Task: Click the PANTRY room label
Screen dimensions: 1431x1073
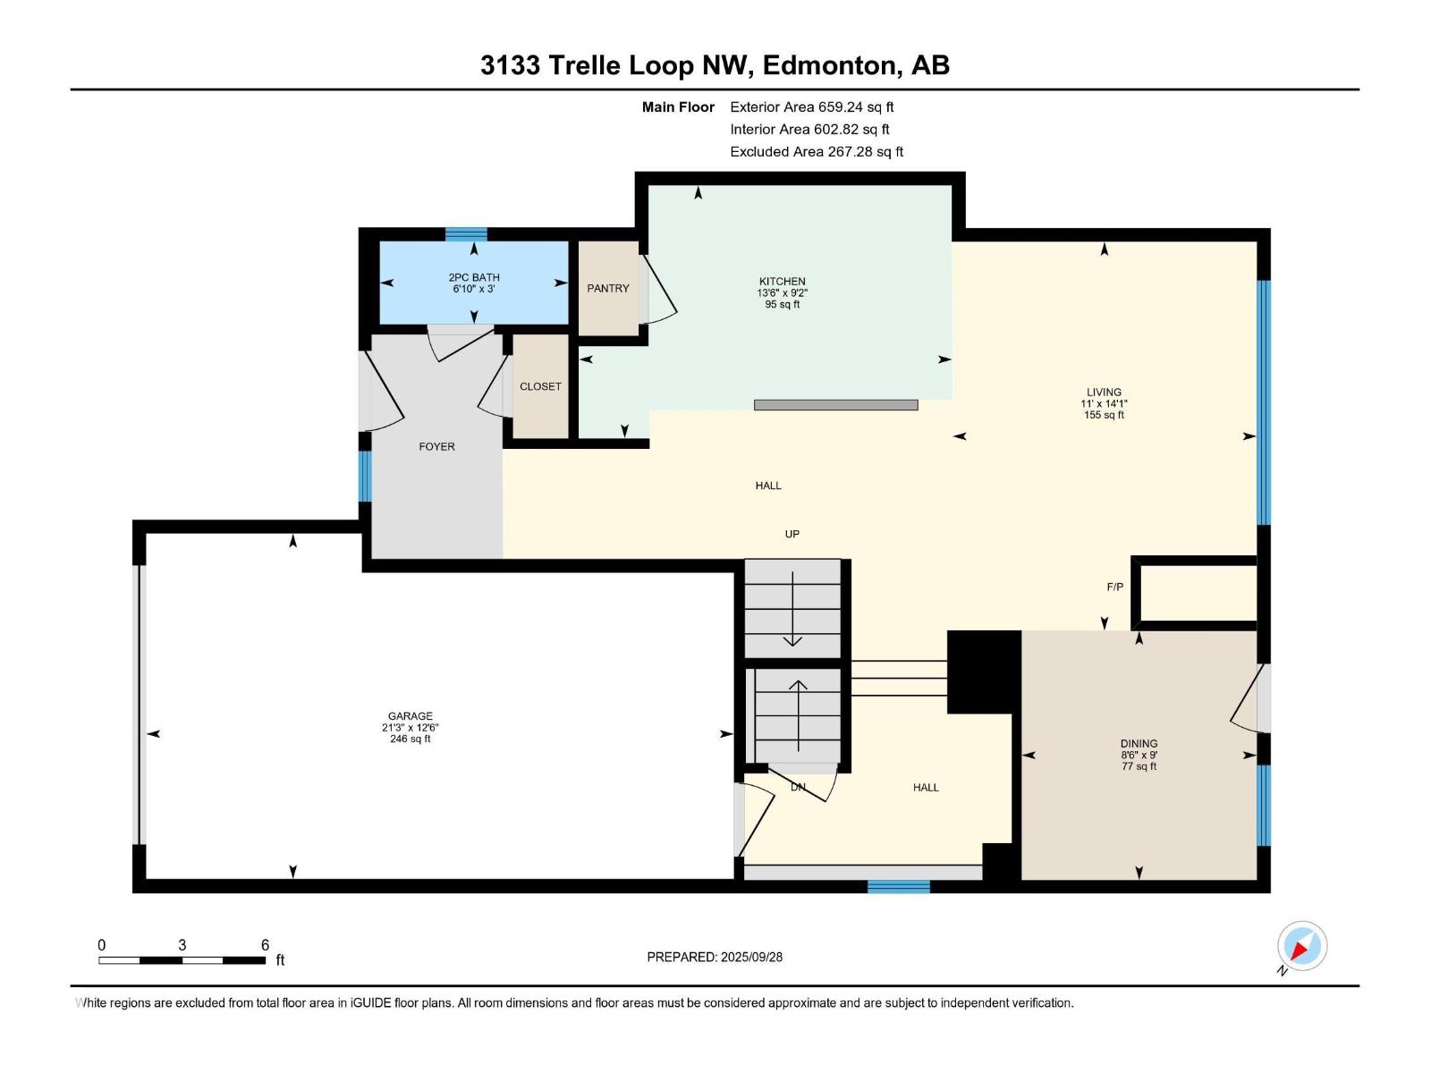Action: [607, 288]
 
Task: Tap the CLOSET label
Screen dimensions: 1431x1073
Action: [540, 386]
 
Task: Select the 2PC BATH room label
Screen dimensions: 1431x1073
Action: [474, 277]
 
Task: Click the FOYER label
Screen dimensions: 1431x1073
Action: [436, 446]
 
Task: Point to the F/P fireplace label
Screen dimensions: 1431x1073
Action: [1114, 587]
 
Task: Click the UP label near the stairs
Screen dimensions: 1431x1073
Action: [792, 534]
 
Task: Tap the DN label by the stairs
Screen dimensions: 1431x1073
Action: [798, 787]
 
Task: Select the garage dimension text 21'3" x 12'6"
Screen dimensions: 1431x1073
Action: [410, 728]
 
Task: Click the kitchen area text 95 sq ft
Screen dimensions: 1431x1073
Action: [783, 304]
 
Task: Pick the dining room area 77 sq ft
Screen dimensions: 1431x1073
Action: [1139, 766]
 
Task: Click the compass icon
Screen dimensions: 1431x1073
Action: [1302, 945]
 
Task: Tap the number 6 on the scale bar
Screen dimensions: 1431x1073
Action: [265, 944]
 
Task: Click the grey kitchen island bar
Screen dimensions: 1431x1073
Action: [835, 404]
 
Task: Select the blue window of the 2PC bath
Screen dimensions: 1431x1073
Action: [466, 234]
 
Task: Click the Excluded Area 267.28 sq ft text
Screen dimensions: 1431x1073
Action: [817, 152]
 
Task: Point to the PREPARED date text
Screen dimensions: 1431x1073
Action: [715, 957]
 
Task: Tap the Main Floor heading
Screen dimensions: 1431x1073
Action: [678, 106]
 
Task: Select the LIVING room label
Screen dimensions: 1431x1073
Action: [1104, 393]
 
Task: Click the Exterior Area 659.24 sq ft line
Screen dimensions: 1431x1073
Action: [812, 106]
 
